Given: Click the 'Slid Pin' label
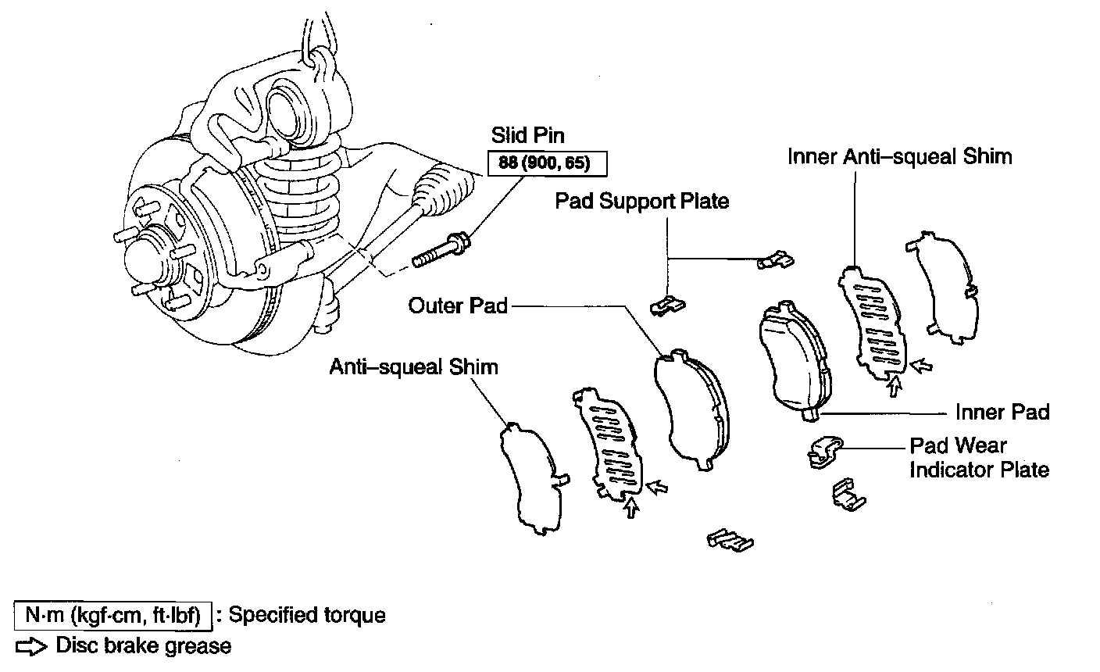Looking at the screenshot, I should click(528, 135).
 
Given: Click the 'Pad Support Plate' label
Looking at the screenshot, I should click(641, 201).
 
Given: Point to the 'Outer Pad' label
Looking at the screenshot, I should click(458, 306).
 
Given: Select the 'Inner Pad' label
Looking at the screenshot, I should click(1002, 412).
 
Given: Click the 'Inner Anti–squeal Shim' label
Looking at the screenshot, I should click(899, 156).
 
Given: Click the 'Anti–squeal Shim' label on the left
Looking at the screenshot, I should click(413, 366).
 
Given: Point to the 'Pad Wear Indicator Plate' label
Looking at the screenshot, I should click(979, 457).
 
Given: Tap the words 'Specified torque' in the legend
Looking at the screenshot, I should click(307, 615).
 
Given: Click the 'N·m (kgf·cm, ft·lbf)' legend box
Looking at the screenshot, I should click(113, 615).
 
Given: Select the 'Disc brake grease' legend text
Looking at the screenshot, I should click(143, 646).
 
